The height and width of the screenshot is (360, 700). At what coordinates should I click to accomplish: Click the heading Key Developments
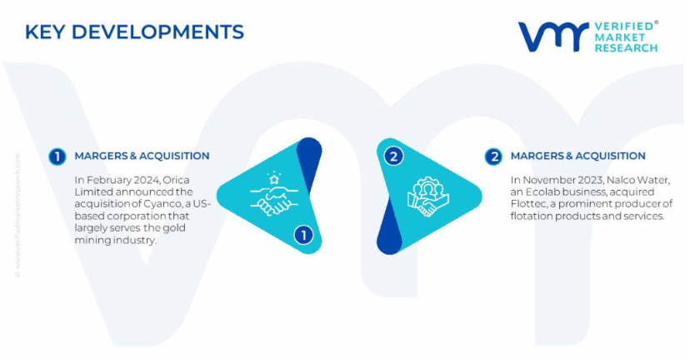(x=134, y=32)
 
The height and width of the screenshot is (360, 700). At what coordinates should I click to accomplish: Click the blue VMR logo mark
(x=553, y=36)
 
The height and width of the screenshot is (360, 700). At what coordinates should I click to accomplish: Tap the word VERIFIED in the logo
(x=623, y=27)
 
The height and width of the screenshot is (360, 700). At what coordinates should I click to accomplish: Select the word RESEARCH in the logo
(x=626, y=47)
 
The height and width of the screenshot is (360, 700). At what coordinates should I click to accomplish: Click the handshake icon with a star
(x=274, y=194)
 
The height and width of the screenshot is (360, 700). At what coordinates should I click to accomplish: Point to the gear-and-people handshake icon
(x=427, y=197)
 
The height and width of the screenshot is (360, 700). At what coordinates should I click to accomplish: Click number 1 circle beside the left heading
(x=57, y=157)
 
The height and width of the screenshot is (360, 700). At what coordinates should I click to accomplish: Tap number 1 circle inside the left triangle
(x=303, y=235)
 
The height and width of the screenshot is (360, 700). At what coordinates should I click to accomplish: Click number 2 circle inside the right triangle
(x=393, y=157)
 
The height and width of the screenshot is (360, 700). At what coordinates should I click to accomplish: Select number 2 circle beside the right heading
(x=493, y=157)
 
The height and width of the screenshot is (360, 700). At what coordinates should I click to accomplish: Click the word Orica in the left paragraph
(x=176, y=180)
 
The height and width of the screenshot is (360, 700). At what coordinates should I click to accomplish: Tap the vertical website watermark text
(x=17, y=215)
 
